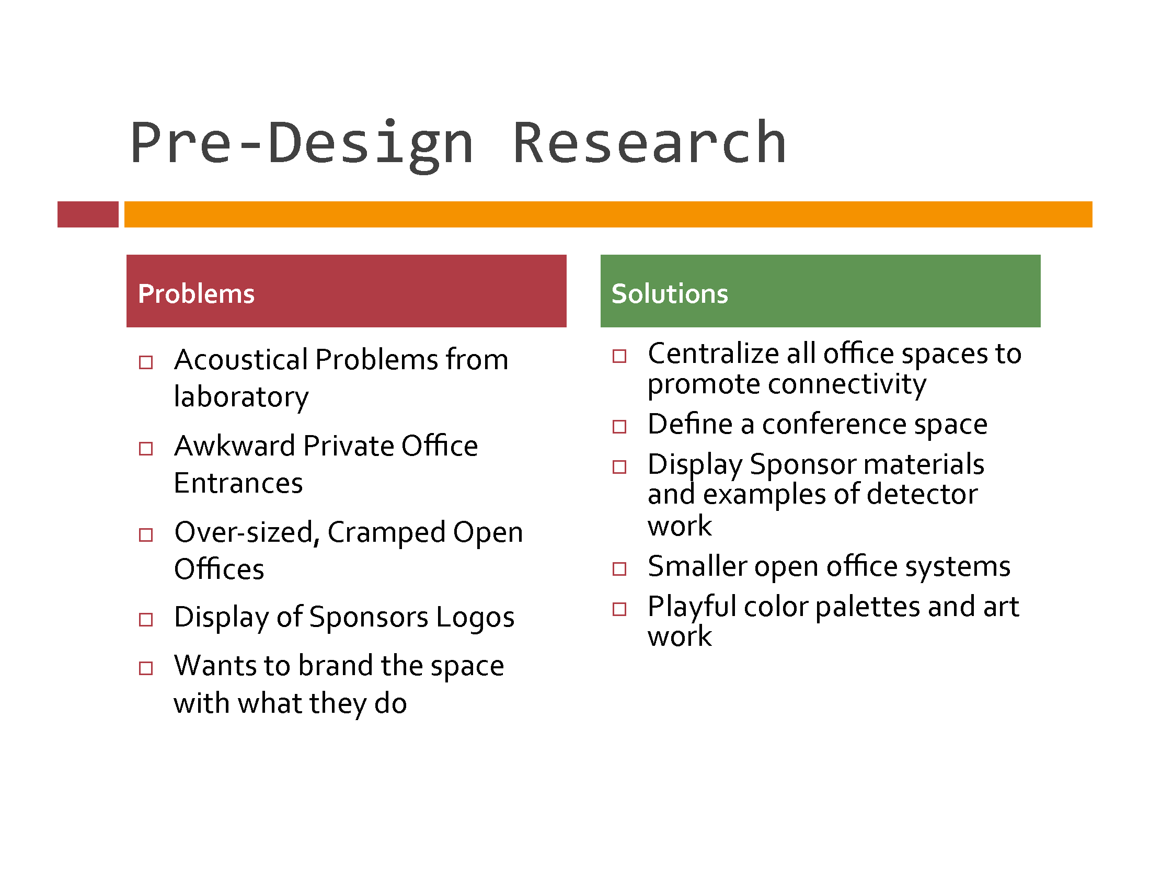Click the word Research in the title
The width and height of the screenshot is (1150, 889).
coord(649,143)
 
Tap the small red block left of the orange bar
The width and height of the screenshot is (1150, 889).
coord(88,214)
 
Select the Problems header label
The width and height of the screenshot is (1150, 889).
coord(196,293)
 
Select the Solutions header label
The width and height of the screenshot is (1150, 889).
coord(670,293)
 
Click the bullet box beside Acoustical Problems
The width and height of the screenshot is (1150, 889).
coord(146,362)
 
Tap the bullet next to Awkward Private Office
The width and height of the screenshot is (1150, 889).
coord(146,448)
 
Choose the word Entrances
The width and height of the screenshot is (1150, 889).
coord(238,484)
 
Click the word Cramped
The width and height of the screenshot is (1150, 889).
coord(387,533)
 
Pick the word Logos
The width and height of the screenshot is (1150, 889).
coord(475,618)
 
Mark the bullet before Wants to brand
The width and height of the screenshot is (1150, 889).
coord(146,668)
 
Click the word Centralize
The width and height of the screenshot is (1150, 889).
coord(713,354)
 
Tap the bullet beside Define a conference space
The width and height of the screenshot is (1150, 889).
coord(619,426)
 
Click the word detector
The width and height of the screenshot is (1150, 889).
coord(922,495)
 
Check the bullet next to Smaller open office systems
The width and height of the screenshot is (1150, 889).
coord(619,568)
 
